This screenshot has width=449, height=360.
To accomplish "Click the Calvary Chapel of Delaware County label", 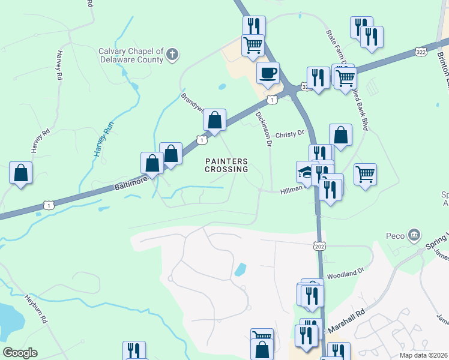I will click(131, 55).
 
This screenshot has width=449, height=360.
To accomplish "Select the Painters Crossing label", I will click(226, 165).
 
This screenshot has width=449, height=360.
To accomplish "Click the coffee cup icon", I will click(268, 73).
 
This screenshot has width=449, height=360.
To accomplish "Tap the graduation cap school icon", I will click(305, 172).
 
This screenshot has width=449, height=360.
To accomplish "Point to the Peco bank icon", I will click(414, 235).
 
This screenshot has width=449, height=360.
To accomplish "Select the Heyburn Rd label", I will click(37, 308).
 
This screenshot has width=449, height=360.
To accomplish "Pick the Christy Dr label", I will click(291, 134).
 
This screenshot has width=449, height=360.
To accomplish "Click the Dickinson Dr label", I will click(264, 128).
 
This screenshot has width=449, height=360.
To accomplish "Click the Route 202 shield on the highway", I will click(319, 245).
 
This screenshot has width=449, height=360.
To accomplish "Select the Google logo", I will click(20, 353).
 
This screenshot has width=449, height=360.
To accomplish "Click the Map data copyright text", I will click(424, 355).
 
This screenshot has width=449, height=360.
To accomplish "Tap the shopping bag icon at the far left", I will click(20, 173).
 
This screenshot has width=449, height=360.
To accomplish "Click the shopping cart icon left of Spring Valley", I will click(365, 175).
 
